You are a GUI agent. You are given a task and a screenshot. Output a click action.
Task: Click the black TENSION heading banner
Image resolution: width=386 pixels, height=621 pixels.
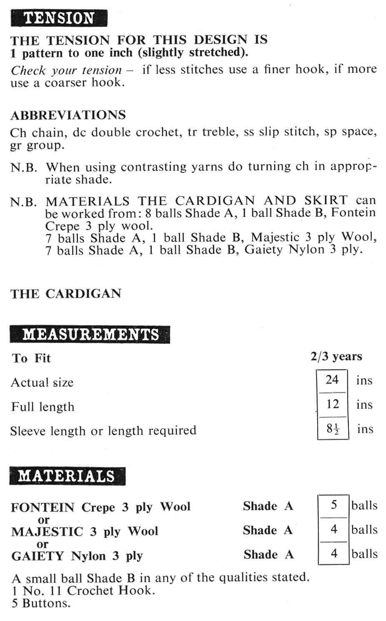[x=59, y=18]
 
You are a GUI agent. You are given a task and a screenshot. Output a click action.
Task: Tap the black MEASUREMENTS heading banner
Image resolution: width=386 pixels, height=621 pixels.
[x=90, y=335]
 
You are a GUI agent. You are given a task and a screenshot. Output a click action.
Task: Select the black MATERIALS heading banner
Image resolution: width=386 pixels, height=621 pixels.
[x=67, y=476]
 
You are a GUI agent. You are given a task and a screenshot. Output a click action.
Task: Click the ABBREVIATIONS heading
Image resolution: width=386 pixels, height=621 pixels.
[x=68, y=115]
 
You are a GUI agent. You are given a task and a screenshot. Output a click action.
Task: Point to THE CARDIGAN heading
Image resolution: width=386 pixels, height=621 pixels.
[x=66, y=294]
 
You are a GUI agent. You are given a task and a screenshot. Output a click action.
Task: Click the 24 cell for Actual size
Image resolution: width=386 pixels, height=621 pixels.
[x=332, y=380]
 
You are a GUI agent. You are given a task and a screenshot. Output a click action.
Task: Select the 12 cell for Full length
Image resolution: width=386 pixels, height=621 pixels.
[x=332, y=404]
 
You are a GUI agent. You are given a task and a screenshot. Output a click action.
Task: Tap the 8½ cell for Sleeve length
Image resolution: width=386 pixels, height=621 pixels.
[x=333, y=429]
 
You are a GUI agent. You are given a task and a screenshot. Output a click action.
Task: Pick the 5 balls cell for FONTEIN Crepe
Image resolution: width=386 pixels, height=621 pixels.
[x=333, y=505]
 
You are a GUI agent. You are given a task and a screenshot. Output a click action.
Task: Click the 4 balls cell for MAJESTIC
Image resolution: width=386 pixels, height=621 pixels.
[x=333, y=530]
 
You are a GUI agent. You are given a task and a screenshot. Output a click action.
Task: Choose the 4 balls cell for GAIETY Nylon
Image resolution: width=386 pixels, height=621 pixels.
[x=333, y=554]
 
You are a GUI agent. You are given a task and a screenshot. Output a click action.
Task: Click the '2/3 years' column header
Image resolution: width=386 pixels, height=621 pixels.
[x=336, y=357]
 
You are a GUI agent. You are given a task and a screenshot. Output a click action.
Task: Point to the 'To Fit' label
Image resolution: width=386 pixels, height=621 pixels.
[x=31, y=358]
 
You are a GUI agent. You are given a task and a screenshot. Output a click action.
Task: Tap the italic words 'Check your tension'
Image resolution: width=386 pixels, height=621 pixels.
[x=66, y=70]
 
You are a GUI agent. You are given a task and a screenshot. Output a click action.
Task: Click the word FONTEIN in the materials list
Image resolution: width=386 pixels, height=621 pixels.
[x=43, y=507]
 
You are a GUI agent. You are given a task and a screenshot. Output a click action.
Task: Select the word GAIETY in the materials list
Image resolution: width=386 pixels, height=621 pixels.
[x=38, y=556]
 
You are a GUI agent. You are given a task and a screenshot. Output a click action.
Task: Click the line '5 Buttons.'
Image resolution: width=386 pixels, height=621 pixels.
[x=41, y=603]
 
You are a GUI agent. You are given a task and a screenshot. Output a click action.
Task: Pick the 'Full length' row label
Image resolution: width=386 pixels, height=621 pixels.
[x=43, y=407]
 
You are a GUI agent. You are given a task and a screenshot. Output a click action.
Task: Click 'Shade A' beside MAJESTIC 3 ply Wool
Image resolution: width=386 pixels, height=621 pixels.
[x=268, y=530]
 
